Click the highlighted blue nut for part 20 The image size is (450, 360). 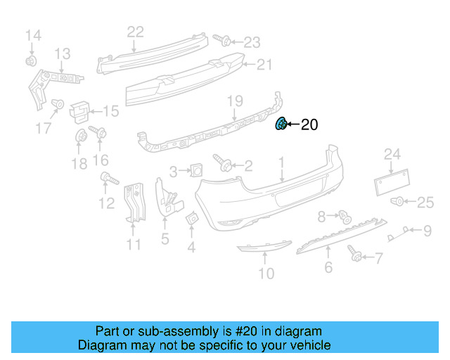pos(281,124)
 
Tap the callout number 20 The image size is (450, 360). pos(309,125)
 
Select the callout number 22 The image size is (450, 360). pos(135,31)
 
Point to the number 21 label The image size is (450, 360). pos(263,65)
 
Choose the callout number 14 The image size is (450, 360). pos(33,34)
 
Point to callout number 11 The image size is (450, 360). pos(134,245)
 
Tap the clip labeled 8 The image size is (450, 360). pos(344,216)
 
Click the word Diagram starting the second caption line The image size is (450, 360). pos(99,345)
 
